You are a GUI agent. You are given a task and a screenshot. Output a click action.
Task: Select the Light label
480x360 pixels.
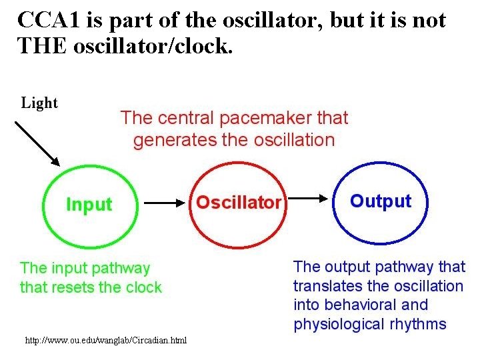pyautogui.click(x=40, y=103)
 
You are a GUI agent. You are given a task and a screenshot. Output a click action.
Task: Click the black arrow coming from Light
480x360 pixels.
pyautogui.click(x=37, y=143)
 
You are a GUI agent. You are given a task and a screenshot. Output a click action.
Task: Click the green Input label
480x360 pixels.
pyautogui.click(x=89, y=205)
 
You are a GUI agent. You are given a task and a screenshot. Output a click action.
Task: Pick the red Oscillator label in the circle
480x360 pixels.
pyautogui.click(x=239, y=202)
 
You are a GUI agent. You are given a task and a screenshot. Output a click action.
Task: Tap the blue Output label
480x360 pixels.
pyautogui.click(x=381, y=201)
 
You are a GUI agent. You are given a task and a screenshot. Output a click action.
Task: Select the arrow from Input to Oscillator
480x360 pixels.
pyautogui.click(x=164, y=202)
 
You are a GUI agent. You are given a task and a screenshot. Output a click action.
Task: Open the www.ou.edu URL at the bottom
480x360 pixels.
pyautogui.click(x=106, y=341)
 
